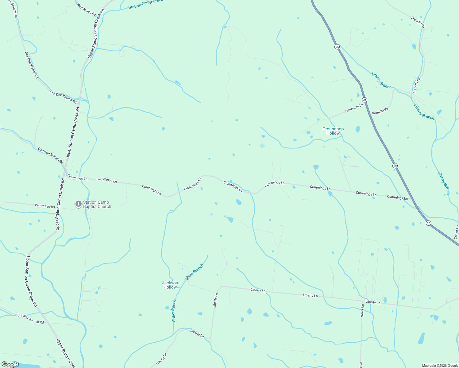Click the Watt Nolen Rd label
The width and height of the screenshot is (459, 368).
87,10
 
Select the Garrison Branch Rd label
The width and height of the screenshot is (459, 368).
51,155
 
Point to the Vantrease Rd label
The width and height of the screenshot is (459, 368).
44,206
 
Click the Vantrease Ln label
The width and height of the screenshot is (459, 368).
353,108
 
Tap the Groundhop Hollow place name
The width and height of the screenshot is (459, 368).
333,131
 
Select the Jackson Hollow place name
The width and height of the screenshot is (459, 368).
170,285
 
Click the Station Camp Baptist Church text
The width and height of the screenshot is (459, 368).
97,204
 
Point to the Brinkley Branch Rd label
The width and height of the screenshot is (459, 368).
31,319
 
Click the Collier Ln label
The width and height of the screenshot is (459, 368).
456,232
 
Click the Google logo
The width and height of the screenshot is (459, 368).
10,364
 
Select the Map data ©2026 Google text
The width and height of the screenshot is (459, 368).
440,366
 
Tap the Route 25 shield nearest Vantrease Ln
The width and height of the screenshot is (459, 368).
364,99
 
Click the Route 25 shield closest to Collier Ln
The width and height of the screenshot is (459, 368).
428,223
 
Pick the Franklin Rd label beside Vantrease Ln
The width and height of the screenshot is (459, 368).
380,111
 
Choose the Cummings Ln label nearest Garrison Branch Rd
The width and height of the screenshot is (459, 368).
77,177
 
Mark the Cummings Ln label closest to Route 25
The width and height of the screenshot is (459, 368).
397,197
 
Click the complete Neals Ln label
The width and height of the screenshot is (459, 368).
362,310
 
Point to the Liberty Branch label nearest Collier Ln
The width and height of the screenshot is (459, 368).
444,183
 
